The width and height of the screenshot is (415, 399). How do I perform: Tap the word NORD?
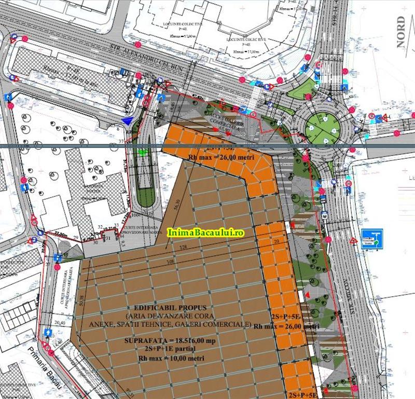click(x=401, y=32)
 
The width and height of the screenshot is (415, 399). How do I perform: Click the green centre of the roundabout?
click(x=324, y=126)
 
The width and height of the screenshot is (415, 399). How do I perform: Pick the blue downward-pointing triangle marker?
click(x=128, y=121)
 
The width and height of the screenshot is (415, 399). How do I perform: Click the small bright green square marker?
click(x=143, y=152)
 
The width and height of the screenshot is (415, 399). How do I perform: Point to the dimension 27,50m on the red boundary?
click(x=61, y=235)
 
